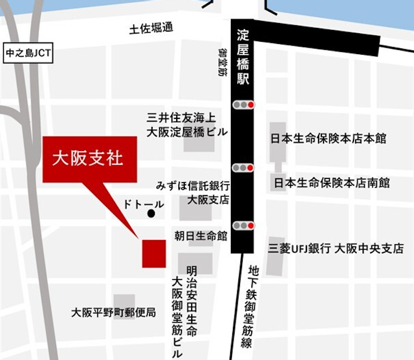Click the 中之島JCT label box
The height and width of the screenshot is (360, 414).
point(27,54)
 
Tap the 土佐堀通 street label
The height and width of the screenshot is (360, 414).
point(152,29)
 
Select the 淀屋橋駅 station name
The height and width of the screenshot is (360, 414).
point(243,57)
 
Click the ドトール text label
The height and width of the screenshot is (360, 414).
point(143,204)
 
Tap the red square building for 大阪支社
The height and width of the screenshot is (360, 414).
point(154,253)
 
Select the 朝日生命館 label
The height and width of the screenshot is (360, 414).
point(201,235)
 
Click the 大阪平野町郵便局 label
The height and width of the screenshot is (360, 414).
point(114,312)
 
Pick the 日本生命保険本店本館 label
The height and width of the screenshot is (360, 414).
point(328,139)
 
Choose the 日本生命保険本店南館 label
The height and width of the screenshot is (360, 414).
point(332,183)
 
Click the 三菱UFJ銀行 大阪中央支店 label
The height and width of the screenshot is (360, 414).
point(336,249)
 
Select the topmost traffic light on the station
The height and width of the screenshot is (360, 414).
point(244,105)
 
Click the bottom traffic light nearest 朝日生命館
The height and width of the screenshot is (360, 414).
point(244,226)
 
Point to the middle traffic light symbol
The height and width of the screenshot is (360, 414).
point(244,168)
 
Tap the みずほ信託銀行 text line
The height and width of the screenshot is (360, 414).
point(193,186)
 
